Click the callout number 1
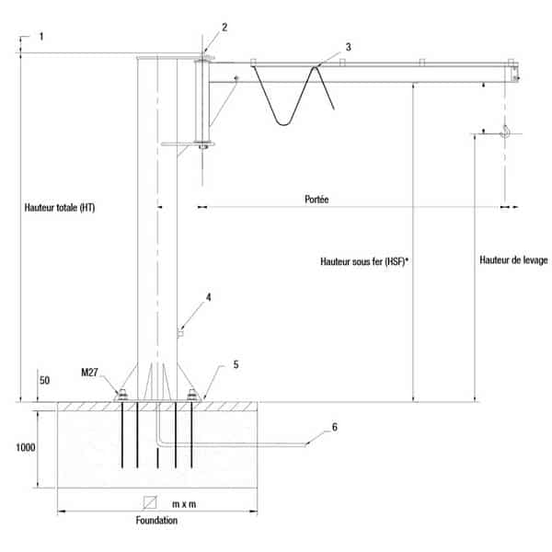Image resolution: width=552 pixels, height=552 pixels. pyautogui.click(x=41, y=37)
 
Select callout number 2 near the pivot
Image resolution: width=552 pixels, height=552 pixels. pyautogui.click(x=224, y=27)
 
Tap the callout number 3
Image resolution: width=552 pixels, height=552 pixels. pyautogui.click(x=348, y=47)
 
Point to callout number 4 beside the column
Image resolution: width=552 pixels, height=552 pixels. pyautogui.click(x=209, y=297)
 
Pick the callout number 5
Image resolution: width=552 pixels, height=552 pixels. pyautogui.click(x=236, y=364)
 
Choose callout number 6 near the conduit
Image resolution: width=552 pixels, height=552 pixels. pyautogui.click(x=335, y=427)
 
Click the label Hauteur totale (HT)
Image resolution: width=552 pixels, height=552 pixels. pyautogui.click(x=60, y=208)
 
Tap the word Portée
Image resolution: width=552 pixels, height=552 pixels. pyautogui.click(x=316, y=200)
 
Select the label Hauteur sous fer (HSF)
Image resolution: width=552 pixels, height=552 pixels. pyautogui.click(x=363, y=261)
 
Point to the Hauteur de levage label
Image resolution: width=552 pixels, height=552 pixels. pyautogui.click(x=513, y=260)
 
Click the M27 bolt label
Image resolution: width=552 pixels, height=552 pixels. pyautogui.click(x=89, y=372)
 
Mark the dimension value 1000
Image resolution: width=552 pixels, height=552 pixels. pyautogui.click(x=26, y=447)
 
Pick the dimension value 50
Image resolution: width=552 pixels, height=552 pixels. pyautogui.click(x=44, y=380)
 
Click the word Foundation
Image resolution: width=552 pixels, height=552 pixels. pyautogui.click(x=156, y=521)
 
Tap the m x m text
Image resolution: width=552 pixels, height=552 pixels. pyautogui.click(x=184, y=504)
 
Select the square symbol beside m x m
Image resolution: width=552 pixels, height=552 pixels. pyautogui.click(x=150, y=502)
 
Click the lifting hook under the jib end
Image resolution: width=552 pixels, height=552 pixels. pyautogui.click(x=505, y=132)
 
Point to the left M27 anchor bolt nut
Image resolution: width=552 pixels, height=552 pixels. pyautogui.click(x=122, y=395)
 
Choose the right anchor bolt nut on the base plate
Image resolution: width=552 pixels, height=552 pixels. pyautogui.click(x=192, y=395)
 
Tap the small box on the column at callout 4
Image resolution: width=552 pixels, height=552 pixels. pyautogui.click(x=180, y=333)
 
